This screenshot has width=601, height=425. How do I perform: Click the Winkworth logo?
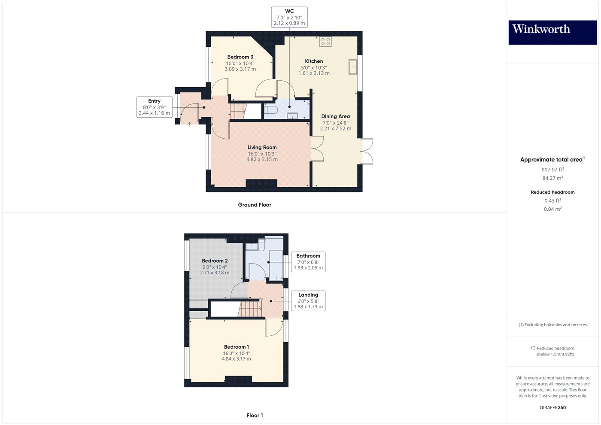tap(552, 32)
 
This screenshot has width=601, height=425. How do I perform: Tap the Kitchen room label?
tap(314, 61)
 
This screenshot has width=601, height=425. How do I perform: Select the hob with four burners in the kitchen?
tap(325, 42)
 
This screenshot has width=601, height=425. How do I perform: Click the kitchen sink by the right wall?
tap(353, 67)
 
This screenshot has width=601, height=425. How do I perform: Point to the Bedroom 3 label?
tap(240, 57)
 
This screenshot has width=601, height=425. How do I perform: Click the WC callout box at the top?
tap(289, 17)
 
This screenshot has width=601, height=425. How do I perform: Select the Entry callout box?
tap(154, 107)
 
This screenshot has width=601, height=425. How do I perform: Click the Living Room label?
tap(262, 147)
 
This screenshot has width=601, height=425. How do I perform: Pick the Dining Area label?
tap(335, 116)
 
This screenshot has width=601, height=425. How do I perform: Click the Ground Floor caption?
tap(255, 205)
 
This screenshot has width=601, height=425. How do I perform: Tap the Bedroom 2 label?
tap(215, 261)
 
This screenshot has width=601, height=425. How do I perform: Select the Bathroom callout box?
tap(308, 262)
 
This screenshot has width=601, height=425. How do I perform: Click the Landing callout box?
tap(308, 301)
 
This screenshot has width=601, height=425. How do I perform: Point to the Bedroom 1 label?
tap(236, 347)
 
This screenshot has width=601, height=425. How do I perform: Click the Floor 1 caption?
tap(255, 415)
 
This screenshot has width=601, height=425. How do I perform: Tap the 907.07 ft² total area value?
tap(552, 170)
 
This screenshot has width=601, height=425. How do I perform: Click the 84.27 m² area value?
tap(552, 178)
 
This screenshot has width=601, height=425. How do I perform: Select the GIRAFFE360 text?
tap(552, 407)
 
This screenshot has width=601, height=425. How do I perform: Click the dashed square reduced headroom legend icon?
tap(533, 348)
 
